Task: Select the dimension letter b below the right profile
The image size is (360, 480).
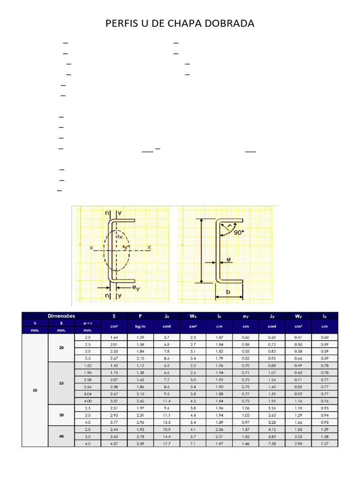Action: pyautogui.click(x=228, y=292)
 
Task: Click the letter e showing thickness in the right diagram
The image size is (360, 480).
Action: pyautogui.click(x=228, y=259)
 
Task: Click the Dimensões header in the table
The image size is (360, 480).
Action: pyautogui.click(x=61, y=316)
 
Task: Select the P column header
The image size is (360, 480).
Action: pyautogui.click(x=140, y=316)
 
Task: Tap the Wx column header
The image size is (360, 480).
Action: pyautogui.click(x=193, y=316)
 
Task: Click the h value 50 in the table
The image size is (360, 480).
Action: pyautogui.click(x=35, y=390)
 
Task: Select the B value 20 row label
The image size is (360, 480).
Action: pyautogui.click(x=61, y=347)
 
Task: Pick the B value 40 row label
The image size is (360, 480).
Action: pyautogui.click(x=61, y=436)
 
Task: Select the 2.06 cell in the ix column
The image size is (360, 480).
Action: pyautogui.click(x=219, y=429)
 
